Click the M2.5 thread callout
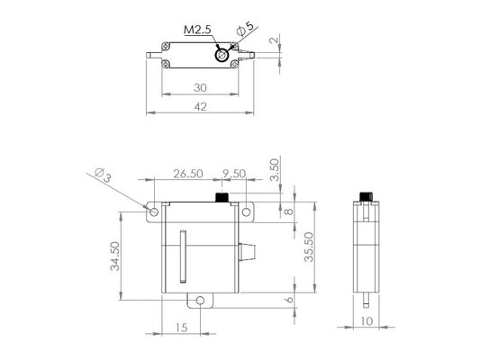(x=197, y=29)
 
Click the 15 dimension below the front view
(x=183, y=329)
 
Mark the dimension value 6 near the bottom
(x=289, y=301)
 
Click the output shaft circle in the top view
(x=220, y=56)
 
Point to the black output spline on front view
(x=221, y=197)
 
